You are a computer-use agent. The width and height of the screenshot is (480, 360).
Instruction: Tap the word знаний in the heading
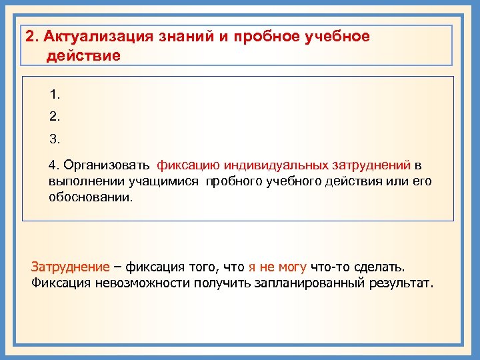[x=187, y=36]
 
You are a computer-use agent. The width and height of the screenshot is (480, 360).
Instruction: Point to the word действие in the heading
[x=83, y=55]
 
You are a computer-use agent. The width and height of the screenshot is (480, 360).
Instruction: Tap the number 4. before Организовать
[x=54, y=165]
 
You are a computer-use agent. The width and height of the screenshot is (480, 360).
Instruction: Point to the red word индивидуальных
[x=271, y=165]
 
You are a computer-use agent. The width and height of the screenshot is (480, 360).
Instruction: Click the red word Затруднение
[x=70, y=267]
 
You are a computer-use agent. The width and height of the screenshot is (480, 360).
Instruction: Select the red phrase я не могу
[x=277, y=267]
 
